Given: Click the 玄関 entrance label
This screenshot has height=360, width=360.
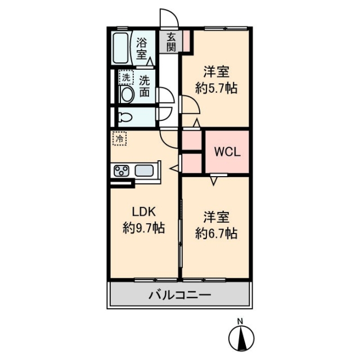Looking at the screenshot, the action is (171, 42).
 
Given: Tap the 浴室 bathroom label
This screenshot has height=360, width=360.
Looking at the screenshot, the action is (142, 48).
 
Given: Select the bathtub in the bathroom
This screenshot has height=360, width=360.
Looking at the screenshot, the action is (120, 48).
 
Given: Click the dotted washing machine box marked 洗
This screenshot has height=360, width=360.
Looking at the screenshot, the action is (126, 78).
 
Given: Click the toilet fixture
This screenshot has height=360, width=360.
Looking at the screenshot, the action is (125, 118).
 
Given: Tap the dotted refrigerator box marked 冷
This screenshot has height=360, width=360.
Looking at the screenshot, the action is (119, 138).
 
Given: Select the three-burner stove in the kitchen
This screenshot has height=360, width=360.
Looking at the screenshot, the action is (121, 171).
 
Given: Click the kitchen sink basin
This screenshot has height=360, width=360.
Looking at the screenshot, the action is (144, 171).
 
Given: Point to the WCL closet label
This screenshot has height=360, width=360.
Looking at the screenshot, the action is (227, 152).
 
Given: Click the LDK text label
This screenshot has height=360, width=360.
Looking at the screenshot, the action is (144, 211).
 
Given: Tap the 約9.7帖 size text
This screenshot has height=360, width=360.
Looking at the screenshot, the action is (143, 228).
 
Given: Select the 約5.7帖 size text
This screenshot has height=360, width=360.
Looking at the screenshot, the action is (216, 88).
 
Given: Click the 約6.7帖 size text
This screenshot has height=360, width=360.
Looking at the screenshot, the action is (216, 233).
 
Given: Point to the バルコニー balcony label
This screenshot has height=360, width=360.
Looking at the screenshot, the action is (180, 295).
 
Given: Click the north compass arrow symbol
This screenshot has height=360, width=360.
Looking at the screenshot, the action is (241, 338).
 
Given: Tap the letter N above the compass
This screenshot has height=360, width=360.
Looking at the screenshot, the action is (240, 321).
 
